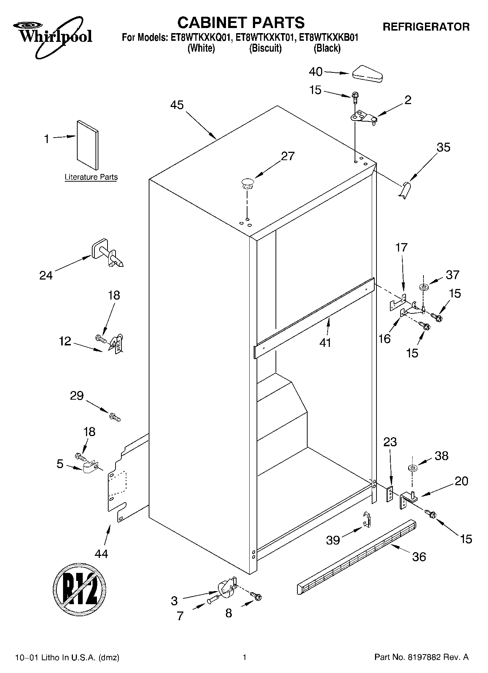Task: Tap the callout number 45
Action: coord(177,105)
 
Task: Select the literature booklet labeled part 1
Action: coord(87,145)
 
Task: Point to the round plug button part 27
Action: coord(247,183)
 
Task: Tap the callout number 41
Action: coord(325,343)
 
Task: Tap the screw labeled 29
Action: coord(114,416)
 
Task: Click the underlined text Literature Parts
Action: coord(91,177)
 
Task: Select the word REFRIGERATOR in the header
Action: coord(426,27)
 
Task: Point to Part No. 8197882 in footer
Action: coord(421,657)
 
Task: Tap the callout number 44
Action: coord(101,554)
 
